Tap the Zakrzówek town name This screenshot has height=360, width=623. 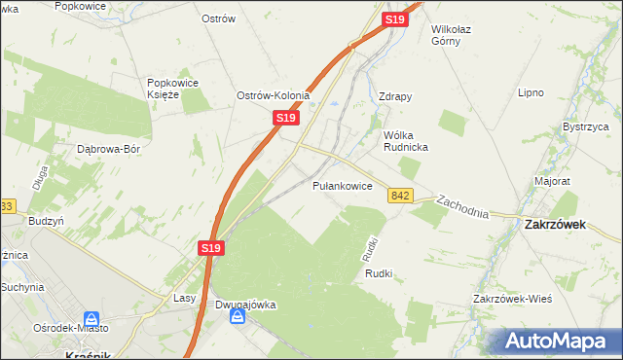553,223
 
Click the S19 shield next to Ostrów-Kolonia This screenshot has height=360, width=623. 284,117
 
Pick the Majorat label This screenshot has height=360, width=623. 552,181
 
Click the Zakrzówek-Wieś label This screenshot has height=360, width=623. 512,298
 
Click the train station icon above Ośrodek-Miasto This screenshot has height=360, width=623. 92,319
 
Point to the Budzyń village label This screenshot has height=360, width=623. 46,222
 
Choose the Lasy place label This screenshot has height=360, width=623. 185,298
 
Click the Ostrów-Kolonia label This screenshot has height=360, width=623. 274,95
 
